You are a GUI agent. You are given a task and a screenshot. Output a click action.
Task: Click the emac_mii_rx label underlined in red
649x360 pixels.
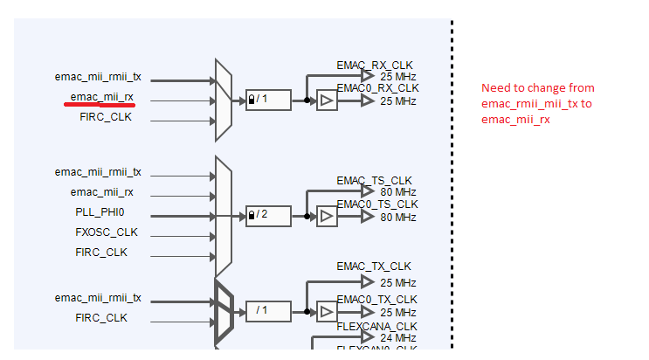point(102,96)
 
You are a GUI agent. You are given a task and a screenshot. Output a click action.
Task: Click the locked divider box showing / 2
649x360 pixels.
point(268,214)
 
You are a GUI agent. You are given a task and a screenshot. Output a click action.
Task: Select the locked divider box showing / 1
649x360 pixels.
point(268,100)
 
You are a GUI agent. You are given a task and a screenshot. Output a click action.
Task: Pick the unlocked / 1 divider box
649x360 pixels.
point(268,309)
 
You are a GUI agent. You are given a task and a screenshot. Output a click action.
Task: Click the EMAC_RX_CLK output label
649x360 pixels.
point(375,66)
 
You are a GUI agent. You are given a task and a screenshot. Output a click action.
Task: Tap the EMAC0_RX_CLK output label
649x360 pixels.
point(377,88)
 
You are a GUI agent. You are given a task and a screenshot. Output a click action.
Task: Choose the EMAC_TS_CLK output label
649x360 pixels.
point(374,181)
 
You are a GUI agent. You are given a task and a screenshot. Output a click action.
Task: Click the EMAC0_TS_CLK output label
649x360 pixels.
point(377,204)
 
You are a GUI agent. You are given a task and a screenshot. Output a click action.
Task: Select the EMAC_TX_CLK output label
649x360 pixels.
point(374,267)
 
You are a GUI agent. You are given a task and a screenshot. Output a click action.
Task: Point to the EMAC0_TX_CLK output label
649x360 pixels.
point(377,300)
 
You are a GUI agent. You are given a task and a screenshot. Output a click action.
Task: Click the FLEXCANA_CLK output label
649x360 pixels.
point(376,327)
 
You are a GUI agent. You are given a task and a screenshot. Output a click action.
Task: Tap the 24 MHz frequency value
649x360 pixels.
point(398,337)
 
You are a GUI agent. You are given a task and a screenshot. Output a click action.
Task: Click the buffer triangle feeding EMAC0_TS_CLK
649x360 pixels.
point(326,215)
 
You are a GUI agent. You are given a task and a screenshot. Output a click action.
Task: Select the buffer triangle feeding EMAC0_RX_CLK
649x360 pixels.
point(326,100)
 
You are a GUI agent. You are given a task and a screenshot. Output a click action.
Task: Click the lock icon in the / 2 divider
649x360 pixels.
point(252,214)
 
